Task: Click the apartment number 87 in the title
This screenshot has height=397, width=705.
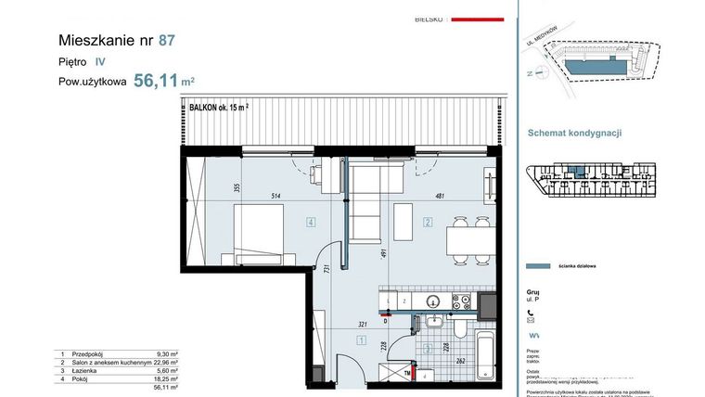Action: [x=166, y=41]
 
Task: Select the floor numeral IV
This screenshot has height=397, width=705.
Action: [x=99, y=61]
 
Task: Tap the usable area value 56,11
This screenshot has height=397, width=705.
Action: [x=155, y=81]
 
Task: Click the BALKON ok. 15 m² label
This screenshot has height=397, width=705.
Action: [x=219, y=108]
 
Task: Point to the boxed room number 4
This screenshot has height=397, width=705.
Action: [x=311, y=222]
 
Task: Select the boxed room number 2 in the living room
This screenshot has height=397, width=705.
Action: [x=428, y=222]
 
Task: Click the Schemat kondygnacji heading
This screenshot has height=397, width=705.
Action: [x=574, y=133]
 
